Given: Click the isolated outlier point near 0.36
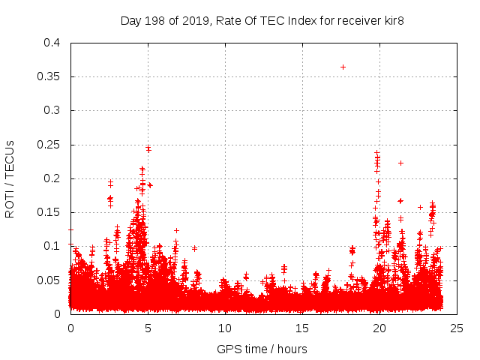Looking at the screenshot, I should point(343,67).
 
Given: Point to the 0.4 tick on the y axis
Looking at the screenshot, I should point(52,43).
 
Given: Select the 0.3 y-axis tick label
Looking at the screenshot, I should point(52,110).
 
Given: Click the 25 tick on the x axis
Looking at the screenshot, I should point(457,328).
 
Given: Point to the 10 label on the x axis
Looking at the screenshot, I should point(225,328).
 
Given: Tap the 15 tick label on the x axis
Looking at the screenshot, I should point(302,328).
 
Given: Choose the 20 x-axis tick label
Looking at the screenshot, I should point(379,328).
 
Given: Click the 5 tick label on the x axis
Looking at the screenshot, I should point(148,328).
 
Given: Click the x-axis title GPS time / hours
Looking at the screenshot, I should point(262,349).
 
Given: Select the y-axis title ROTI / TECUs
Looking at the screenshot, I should point(10,178).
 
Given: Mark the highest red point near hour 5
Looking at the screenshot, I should point(148,148).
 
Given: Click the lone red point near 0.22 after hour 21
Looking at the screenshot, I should point(400,163).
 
